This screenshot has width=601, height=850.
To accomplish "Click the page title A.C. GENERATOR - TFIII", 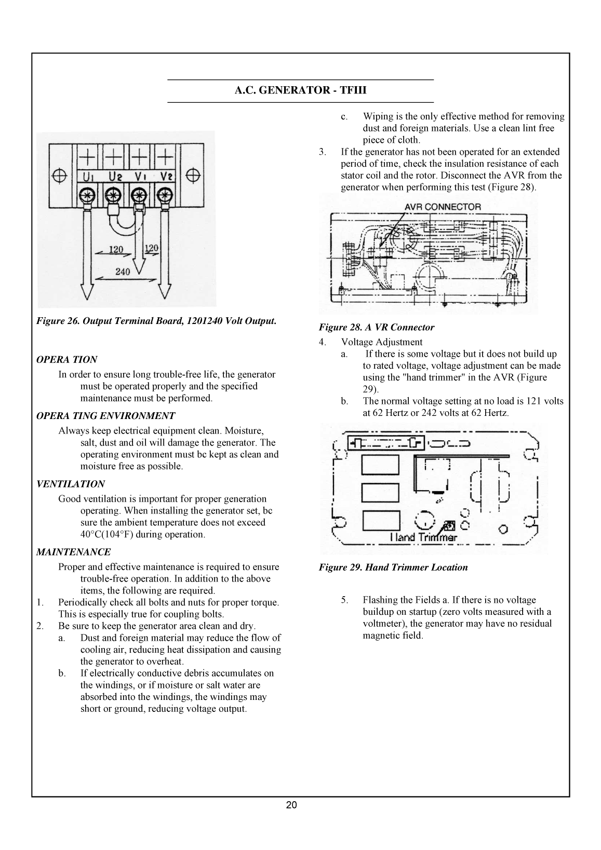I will [300, 91].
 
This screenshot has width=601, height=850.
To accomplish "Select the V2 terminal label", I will [166, 176].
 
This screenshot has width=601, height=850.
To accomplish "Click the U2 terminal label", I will [114, 176].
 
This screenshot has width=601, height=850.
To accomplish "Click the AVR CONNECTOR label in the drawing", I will [443, 207].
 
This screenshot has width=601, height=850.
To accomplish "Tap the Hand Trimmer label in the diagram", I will [423, 537].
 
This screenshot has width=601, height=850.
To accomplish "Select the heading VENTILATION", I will [70, 484].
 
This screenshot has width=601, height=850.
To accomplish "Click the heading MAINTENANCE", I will [73, 552].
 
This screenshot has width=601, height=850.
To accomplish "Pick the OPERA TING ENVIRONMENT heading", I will [105, 416].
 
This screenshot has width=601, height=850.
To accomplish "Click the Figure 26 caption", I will [156, 321].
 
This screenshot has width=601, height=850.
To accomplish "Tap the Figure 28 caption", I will [376, 327].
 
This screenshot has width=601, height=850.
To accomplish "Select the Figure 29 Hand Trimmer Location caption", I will [393, 568].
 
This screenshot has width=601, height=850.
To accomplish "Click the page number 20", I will [291, 805].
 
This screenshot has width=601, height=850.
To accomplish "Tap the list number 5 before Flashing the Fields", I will [344, 600].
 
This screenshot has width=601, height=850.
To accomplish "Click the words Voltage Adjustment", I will [381, 342].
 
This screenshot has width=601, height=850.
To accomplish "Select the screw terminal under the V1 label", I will [139, 196].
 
